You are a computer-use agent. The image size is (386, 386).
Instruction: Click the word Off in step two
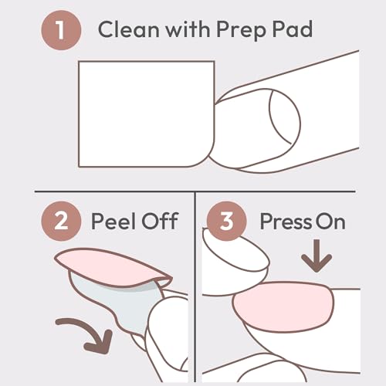point(162,222)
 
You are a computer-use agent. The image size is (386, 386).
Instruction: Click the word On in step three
point(330,222)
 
